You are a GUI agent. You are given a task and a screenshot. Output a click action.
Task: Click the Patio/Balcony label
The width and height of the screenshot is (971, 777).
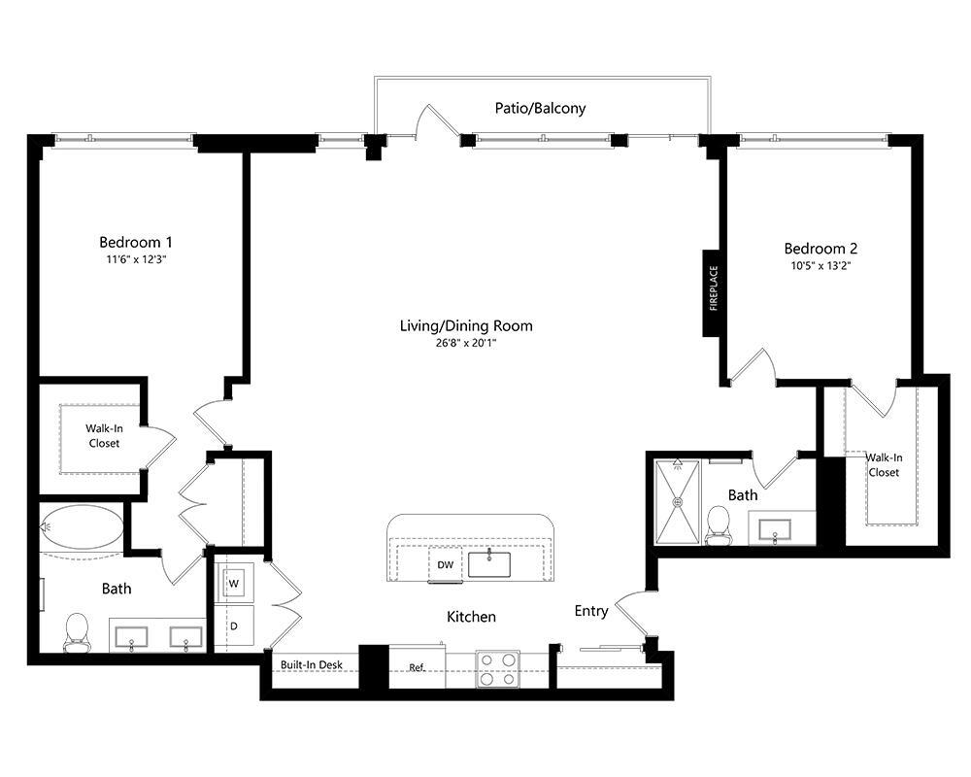[540, 109]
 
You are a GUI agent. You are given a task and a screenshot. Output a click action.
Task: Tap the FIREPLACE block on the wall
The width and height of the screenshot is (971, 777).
[713, 292]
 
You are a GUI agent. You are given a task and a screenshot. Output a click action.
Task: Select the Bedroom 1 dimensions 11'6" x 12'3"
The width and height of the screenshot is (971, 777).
[136, 259]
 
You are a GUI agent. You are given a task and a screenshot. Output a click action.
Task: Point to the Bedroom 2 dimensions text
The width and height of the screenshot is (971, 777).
[821, 266]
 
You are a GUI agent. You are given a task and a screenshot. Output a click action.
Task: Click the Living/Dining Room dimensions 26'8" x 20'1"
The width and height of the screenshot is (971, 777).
[466, 343]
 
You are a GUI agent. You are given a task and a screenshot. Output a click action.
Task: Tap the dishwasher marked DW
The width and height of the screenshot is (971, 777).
[446, 565]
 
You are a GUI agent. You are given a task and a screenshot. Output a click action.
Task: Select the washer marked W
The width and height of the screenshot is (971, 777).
[234, 583]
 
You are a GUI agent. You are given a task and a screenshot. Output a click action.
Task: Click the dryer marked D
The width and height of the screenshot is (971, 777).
[234, 625]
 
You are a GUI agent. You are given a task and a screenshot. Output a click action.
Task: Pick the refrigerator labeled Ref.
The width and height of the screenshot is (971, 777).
[417, 667]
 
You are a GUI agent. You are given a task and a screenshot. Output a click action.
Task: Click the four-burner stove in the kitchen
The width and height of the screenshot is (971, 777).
[498, 669]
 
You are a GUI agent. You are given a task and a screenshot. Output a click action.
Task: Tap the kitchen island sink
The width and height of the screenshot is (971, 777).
[489, 564]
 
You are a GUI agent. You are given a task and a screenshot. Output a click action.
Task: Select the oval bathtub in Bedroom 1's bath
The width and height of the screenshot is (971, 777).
[82, 527]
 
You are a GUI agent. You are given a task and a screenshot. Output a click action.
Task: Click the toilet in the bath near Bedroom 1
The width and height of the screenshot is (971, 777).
[77, 632]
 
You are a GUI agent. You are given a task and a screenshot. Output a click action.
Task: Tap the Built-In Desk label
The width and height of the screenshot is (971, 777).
[312, 665]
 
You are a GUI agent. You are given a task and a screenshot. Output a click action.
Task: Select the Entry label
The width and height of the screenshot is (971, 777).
[591, 611]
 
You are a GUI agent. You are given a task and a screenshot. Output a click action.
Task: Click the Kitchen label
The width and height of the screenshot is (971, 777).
[471, 617]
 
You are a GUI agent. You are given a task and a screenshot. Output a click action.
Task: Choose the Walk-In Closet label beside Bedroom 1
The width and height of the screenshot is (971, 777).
[104, 435]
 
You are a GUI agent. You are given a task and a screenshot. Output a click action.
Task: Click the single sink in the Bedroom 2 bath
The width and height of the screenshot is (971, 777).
[775, 530]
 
